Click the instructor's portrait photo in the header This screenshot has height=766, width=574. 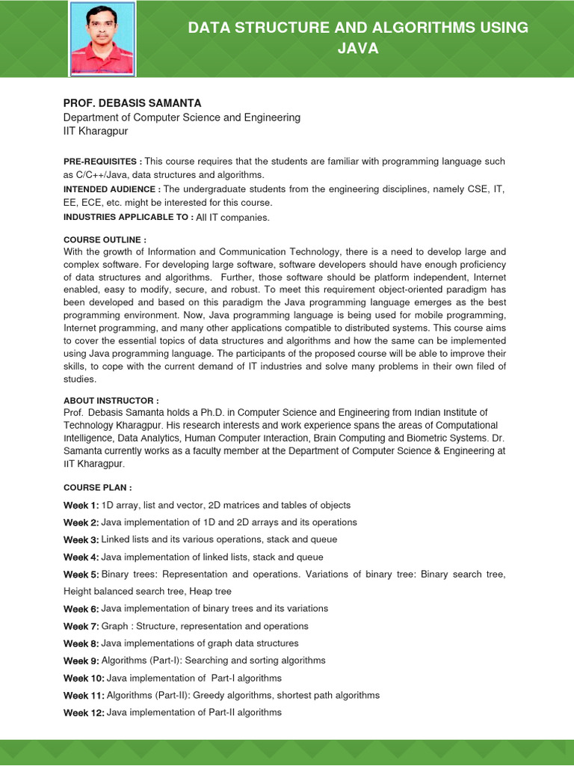102,38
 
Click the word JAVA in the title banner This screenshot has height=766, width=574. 358,49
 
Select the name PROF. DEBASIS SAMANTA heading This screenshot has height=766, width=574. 132,103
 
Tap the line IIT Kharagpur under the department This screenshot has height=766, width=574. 96,131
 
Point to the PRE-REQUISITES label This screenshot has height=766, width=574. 102,162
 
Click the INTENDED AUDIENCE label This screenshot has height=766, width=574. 111,189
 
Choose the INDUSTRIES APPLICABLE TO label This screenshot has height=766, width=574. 128,217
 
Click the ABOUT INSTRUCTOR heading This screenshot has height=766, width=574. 111,401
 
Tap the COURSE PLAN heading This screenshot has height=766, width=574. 97,487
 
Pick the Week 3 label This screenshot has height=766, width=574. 81,539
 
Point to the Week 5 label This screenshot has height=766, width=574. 81,574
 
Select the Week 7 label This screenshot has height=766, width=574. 81,626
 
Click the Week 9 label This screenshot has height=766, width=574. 81,661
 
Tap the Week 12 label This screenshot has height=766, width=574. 84,712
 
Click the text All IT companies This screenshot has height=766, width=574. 232,218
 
